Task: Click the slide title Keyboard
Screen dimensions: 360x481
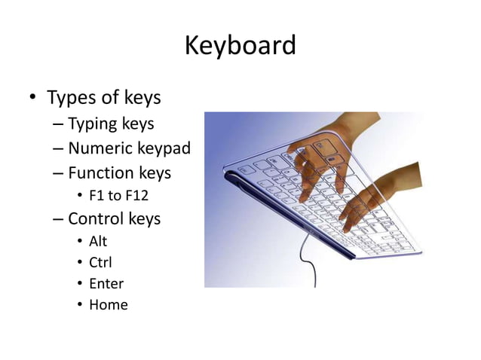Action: tap(240, 46)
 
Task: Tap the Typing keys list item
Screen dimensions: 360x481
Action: tap(111, 124)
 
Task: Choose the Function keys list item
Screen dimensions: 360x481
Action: tap(119, 172)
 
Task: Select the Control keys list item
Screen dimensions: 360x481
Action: tap(114, 219)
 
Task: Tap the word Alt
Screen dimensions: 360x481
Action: tap(98, 242)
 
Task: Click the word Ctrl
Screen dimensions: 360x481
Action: tap(100, 263)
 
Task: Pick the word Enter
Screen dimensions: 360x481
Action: tap(106, 284)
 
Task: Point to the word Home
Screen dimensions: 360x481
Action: tap(109, 305)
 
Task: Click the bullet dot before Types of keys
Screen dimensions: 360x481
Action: tap(32, 99)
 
